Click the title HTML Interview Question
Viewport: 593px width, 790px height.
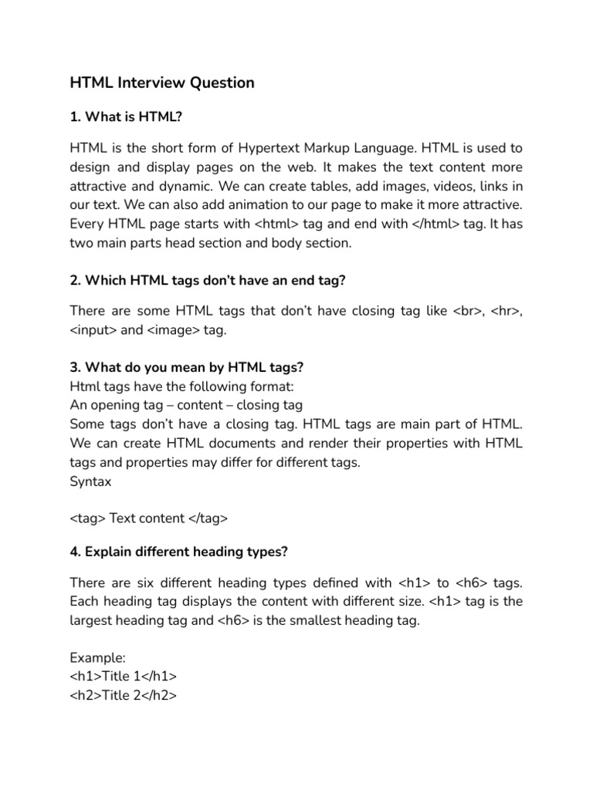click(162, 83)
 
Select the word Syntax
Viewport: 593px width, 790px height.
click(90, 481)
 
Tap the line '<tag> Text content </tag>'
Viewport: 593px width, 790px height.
click(149, 518)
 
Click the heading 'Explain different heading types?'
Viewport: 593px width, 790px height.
click(179, 552)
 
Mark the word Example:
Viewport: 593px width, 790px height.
click(97, 658)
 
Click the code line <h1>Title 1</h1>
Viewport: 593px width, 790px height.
click(124, 677)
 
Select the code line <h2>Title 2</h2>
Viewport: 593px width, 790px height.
click(124, 696)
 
